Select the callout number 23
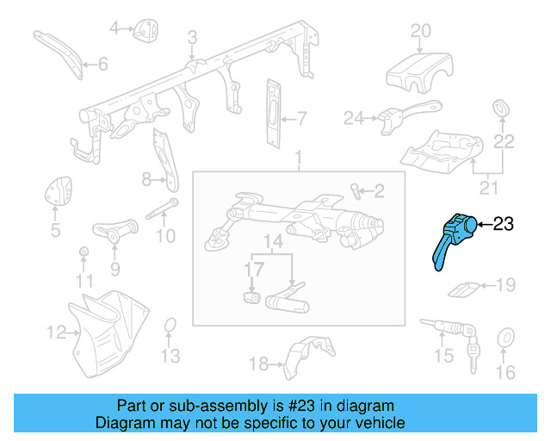pyautogui.click(x=502, y=225)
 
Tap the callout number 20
pyautogui.click(x=420, y=32)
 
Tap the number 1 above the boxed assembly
pyautogui.click(x=299, y=159)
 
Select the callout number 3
pyautogui.click(x=192, y=36)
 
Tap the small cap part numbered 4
pyautogui.click(x=144, y=30)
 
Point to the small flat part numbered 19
pyautogui.click(x=466, y=288)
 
